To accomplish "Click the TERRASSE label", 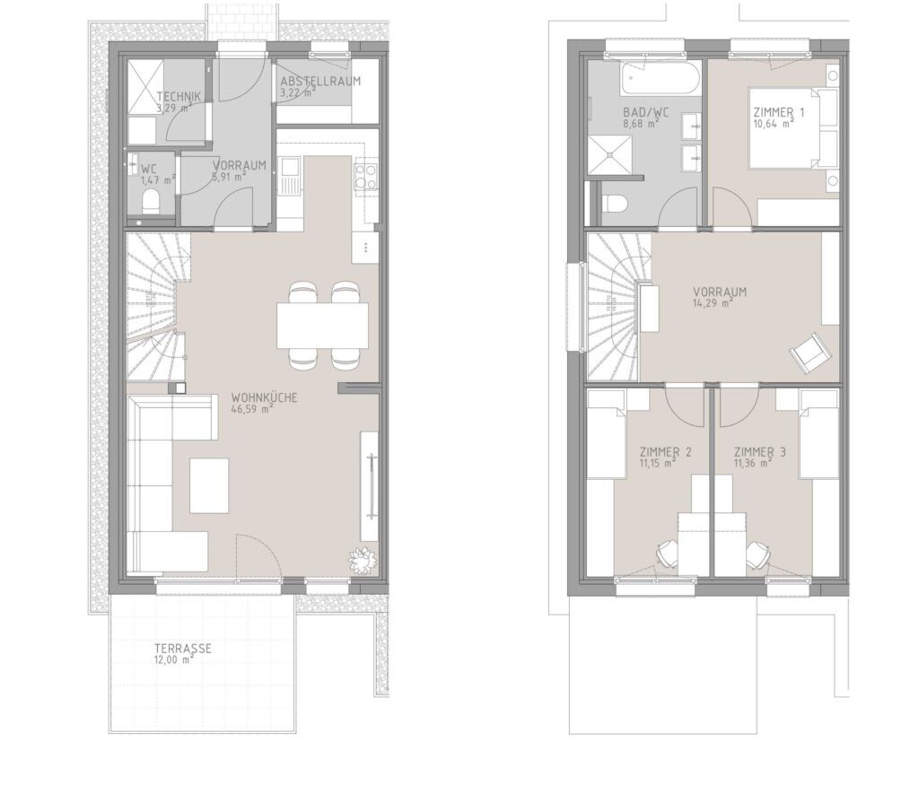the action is (x=183, y=649).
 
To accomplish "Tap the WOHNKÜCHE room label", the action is (x=264, y=397).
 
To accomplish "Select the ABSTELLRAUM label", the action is (x=320, y=81).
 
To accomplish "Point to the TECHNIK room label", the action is (x=179, y=97).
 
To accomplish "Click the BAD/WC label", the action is (x=646, y=112).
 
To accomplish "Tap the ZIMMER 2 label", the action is (x=665, y=451).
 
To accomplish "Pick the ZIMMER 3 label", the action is (x=760, y=451).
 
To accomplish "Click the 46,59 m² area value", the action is (x=252, y=409).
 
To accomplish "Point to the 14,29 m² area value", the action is (x=713, y=303).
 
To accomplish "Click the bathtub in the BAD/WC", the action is (x=661, y=79).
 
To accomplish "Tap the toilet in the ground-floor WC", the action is (x=151, y=202).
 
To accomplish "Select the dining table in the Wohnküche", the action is (x=323, y=325).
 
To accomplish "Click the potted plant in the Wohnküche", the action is (x=363, y=561).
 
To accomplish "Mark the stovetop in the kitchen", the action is (x=365, y=176).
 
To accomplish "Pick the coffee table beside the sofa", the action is (x=209, y=485).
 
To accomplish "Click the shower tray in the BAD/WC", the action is (x=610, y=154).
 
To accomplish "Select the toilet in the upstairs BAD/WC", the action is (x=614, y=204).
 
